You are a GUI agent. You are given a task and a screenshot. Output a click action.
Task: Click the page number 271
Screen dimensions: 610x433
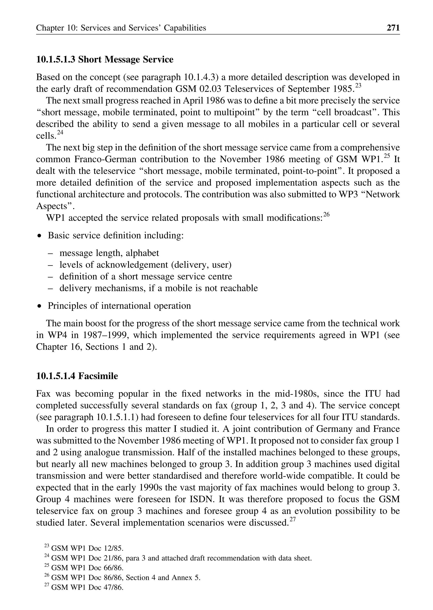coord(393,28)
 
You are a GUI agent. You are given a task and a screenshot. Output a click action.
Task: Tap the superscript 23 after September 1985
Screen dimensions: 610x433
coord(358,86)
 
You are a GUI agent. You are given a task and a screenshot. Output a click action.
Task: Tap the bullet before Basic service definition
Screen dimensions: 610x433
coord(40,236)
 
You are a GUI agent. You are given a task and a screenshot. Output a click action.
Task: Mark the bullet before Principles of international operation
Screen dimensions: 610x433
coord(40,306)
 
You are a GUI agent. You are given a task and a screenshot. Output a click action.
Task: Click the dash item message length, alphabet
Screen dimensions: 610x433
coord(109,253)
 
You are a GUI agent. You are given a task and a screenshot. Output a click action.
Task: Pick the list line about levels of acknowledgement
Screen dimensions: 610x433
coord(145,265)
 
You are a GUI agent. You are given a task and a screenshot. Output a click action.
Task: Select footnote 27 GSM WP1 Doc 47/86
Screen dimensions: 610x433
coord(87,587)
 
